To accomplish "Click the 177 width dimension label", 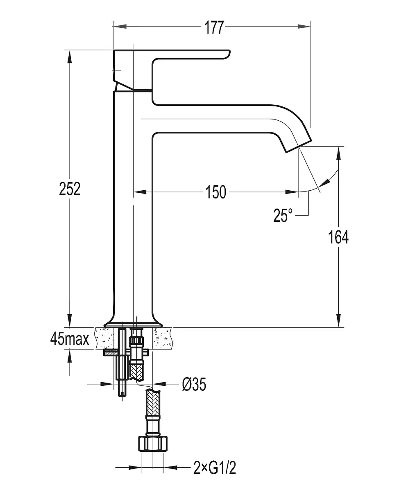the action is click(214, 28).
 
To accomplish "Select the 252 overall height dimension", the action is click(70, 189).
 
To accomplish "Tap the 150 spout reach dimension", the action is click(216, 192).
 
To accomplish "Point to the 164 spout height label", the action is click(338, 237).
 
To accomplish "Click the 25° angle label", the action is click(283, 215).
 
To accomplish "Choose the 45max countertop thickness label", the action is click(70, 339).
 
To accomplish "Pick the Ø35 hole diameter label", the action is click(194, 384).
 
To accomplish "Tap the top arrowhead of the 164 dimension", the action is click(338, 153).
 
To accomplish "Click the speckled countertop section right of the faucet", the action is click(162, 338).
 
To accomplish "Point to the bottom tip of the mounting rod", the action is click(122, 396).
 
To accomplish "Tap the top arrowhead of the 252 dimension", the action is click(70, 57).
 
